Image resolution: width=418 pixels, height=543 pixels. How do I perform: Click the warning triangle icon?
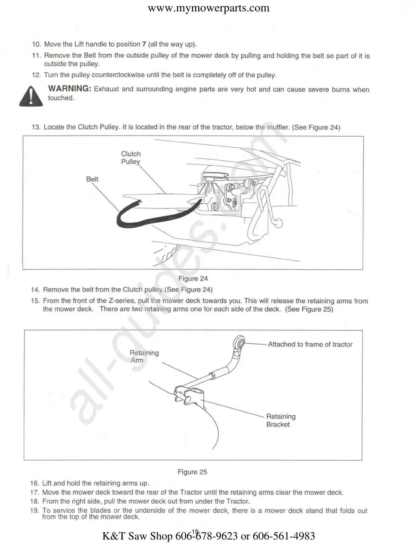click(x=31, y=96)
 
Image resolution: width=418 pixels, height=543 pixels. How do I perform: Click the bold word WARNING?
click(x=70, y=89)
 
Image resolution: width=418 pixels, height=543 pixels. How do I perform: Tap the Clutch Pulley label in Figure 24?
click(x=131, y=158)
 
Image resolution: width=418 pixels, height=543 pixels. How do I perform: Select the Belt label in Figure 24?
click(x=92, y=179)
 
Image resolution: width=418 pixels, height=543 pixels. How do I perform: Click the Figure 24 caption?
click(x=193, y=278)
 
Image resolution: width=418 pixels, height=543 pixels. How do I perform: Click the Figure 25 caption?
click(x=192, y=472)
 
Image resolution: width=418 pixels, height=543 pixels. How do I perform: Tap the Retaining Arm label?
click(x=144, y=356)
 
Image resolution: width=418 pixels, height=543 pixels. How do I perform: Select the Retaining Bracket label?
click(x=281, y=420)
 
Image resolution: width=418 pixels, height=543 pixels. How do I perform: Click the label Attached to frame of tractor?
click(x=310, y=344)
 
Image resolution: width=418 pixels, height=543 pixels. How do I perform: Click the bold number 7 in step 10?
click(x=144, y=44)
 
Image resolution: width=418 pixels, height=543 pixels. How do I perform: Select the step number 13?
click(x=36, y=127)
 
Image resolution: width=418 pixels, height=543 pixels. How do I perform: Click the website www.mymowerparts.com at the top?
click(x=209, y=8)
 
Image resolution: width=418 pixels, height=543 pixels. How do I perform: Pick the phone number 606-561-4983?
click(x=284, y=536)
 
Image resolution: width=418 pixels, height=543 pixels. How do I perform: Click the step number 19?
click(x=34, y=510)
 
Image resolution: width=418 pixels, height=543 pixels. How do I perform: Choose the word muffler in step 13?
click(x=278, y=127)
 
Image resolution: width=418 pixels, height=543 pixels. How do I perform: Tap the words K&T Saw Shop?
click(x=137, y=536)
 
